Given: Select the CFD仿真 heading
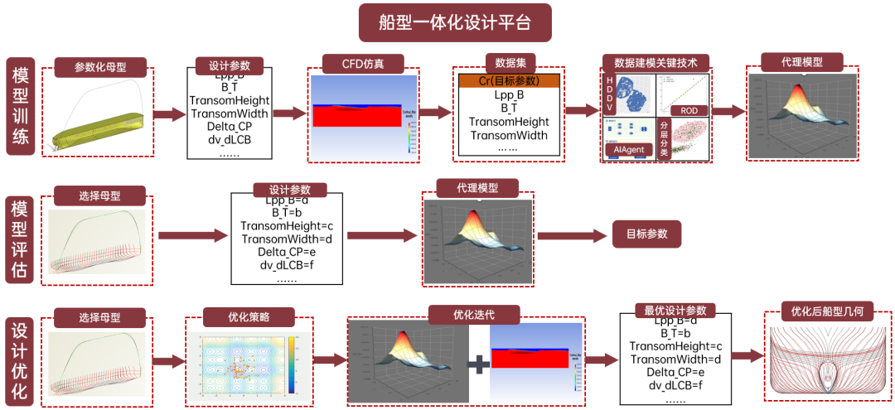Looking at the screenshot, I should click(x=362, y=64).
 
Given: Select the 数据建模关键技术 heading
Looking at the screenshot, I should click(x=656, y=63).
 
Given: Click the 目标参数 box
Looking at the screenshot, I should click(x=646, y=234).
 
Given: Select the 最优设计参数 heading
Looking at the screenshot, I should click(x=675, y=311).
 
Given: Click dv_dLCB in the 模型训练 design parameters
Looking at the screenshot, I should click(x=230, y=139).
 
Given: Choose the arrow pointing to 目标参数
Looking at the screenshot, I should click(x=571, y=235).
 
